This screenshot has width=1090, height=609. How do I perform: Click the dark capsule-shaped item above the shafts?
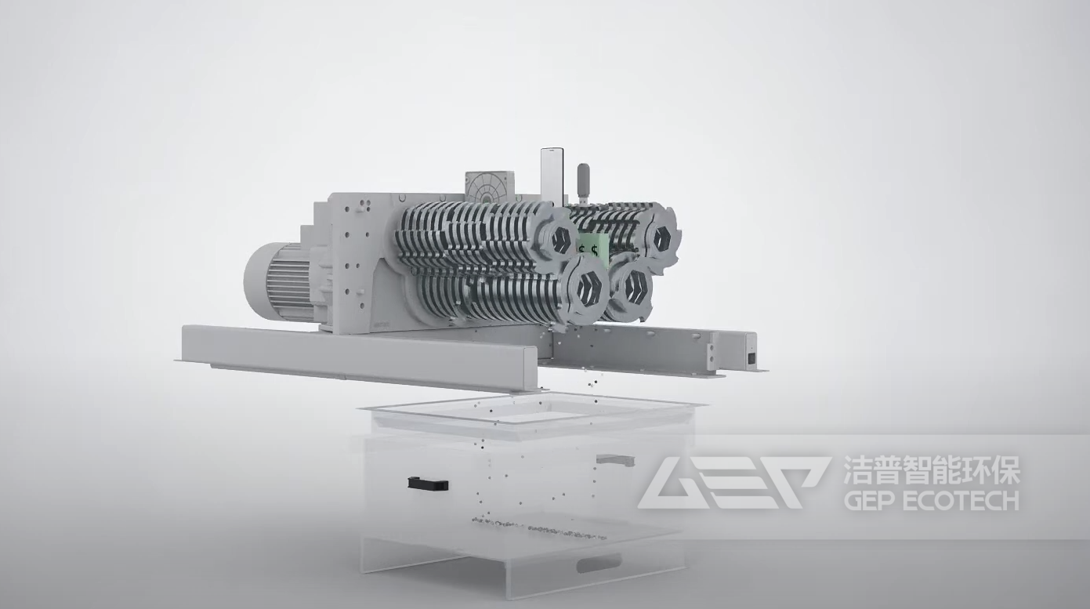point(583,179)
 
